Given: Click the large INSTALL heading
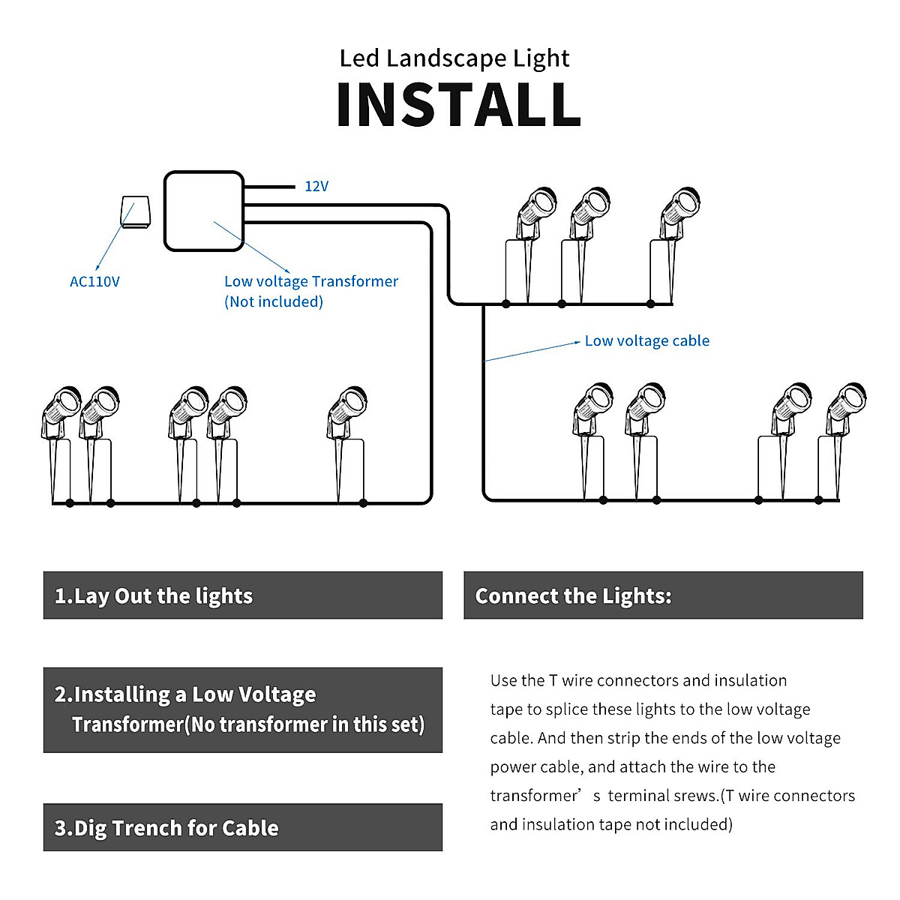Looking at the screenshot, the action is (458, 104).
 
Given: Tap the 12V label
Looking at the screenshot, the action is (316, 186).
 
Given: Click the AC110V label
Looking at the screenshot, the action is (94, 282).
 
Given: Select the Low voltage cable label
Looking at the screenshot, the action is (646, 341).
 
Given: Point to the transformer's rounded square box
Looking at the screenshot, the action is (204, 211).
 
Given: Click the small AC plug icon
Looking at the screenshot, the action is (136, 212).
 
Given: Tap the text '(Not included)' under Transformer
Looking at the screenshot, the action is (274, 301).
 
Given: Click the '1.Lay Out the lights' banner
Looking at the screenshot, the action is (243, 595).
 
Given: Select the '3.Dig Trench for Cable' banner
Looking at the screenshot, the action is (243, 828).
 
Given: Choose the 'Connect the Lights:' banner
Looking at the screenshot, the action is (663, 595).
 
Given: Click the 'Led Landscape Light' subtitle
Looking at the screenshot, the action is (454, 58).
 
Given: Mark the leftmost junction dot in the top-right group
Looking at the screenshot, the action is (505, 304).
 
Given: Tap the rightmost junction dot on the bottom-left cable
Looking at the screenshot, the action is (363, 503).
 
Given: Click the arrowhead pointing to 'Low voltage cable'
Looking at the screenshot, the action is (577, 342).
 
